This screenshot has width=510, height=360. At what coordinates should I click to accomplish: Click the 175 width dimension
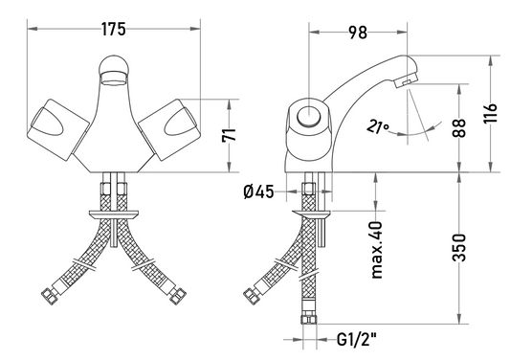pos(113,29)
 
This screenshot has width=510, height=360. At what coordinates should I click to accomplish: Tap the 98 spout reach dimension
pos(358,33)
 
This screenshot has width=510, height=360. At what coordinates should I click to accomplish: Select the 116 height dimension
pos(491,113)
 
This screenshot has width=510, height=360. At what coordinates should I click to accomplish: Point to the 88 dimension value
pos(458,128)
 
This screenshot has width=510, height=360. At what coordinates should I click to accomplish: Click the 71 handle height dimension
pos(229,135)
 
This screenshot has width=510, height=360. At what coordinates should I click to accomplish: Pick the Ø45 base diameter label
pos(259,191)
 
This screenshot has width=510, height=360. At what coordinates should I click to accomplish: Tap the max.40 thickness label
pos(377,250)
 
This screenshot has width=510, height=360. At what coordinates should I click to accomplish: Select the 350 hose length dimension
pos(459,247)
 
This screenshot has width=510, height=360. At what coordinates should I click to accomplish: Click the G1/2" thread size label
pos(357,340)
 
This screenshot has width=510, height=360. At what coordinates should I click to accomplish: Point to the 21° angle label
pos(378,126)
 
